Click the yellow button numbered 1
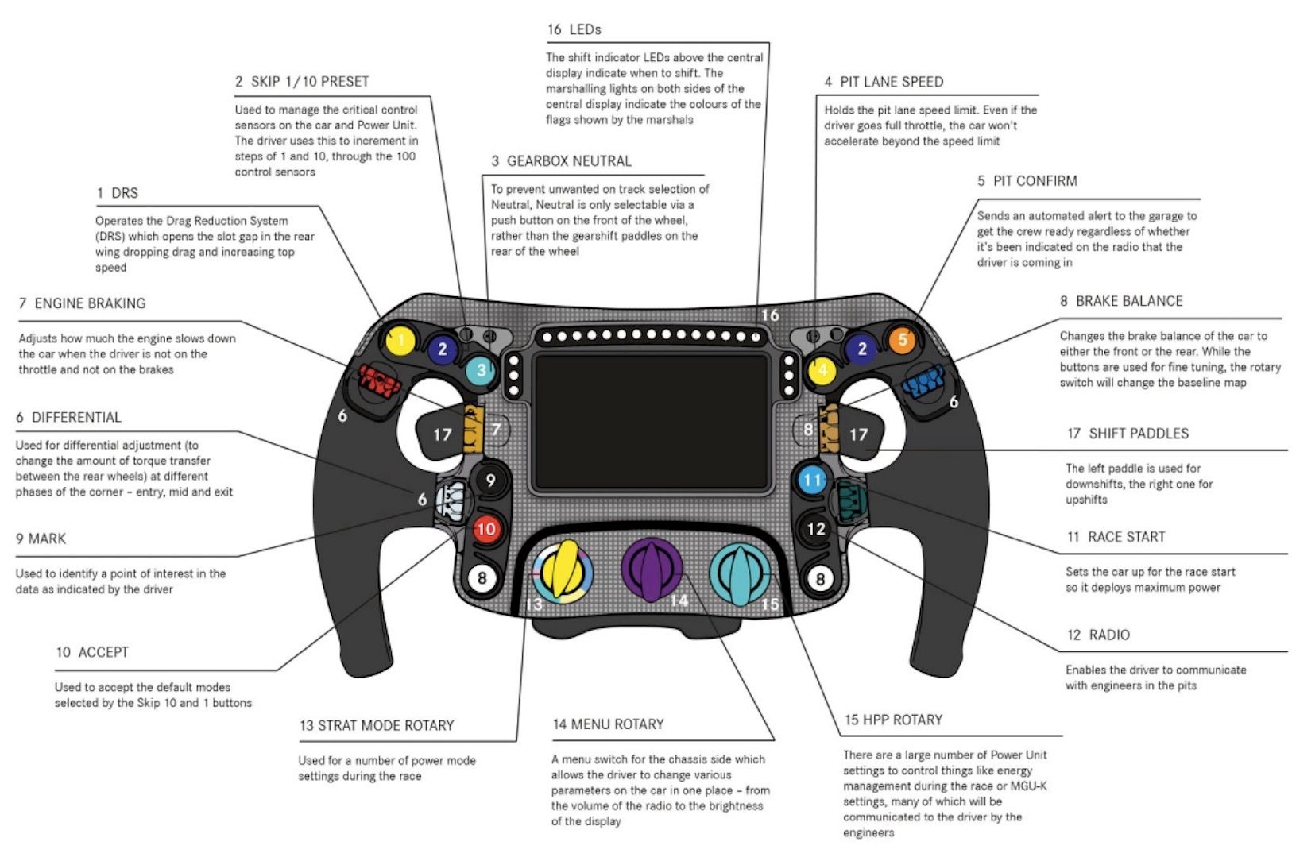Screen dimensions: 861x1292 click(x=400, y=342)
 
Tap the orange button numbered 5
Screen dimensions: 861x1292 click(x=902, y=341)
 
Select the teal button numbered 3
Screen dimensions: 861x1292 click(x=480, y=370)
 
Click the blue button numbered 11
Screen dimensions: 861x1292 click(x=811, y=480)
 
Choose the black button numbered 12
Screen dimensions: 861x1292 click(x=816, y=529)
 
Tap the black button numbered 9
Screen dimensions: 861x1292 click(x=490, y=480)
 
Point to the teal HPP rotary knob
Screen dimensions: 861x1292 click(x=740, y=573)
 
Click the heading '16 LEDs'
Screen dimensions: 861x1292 click(x=574, y=29)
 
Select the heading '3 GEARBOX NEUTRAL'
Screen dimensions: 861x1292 click(x=561, y=161)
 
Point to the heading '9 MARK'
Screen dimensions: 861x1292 click(x=41, y=539)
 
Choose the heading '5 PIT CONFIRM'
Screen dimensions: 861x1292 click(x=1027, y=181)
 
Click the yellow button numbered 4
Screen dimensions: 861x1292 click(x=823, y=370)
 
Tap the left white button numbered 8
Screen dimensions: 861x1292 click(x=482, y=578)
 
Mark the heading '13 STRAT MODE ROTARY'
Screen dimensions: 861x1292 click(x=377, y=725)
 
